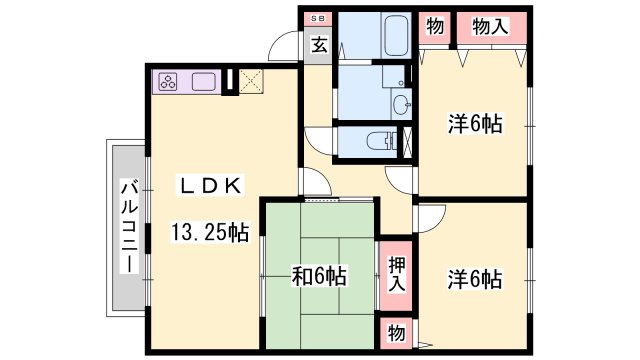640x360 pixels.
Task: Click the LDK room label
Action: (x=210, y=186)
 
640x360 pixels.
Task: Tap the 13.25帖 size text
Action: (x=209, y=232)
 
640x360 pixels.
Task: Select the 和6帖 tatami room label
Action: (x=319, y=276)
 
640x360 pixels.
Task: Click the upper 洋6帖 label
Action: (x=475, y=123)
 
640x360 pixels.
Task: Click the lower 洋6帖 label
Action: (x=475, y=279)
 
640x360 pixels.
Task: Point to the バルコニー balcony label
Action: (x=129, y=227)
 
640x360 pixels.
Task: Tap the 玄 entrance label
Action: (x=319, y=45)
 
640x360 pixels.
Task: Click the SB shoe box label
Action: (x=318, y=19)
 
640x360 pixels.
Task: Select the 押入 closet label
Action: (x=397, y=274)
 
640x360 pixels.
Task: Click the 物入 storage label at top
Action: (x=490, y=27)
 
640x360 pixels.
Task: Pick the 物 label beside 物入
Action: (x=435, y=27)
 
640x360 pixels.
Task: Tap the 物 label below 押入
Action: (x=396, y=333)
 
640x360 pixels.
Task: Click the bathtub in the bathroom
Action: (x=398, y=36)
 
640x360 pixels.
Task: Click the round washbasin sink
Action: (x=402, y=105)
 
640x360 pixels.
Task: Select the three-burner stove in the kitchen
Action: (x=168, y=82)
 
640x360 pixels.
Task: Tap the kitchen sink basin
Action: (x=203, y=82)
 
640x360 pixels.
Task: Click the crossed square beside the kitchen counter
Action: (x=251, y=82)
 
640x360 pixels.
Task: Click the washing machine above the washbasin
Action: (x=394, y=77)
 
